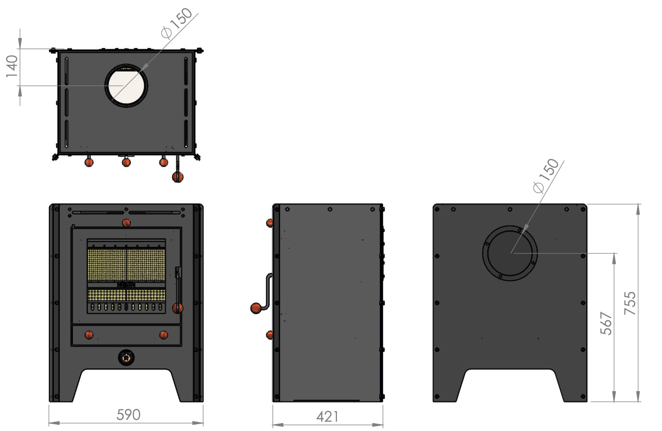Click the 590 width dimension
[128, 415]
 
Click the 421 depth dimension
[327, 417]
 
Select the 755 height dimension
[630, 303]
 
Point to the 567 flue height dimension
[606, 323]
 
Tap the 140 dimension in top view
[12, 66]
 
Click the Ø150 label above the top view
[177, 23]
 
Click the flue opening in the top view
[126, 86]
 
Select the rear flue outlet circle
[510, 253]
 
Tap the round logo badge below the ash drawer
[126, 358]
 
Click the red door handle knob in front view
[178, 308]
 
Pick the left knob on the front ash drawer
[89, 335]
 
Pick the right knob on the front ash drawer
[164, 335]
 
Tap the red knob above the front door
[126, 223]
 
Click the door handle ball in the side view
[256, 308]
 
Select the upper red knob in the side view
[270, 223]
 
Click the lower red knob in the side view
[270, 335]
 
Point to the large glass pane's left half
[107, 265]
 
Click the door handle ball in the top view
[178, 177]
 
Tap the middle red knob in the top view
[126, 162]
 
